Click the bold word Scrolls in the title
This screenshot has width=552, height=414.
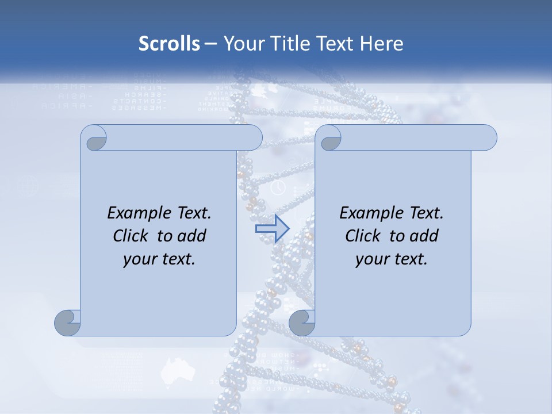(169, 44)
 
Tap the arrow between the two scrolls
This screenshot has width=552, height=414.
(272, 229)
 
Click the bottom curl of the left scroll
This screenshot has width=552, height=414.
(68, 323)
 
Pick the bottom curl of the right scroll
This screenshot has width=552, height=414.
(302, 323)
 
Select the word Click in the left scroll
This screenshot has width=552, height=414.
(132, 236)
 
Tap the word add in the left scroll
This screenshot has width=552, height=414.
(192, 236)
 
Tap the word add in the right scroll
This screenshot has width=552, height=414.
(424, 236)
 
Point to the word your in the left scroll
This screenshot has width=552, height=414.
(139, 259)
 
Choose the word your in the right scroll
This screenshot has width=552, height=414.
(371, 259)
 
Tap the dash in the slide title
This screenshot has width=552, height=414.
(210, 44)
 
